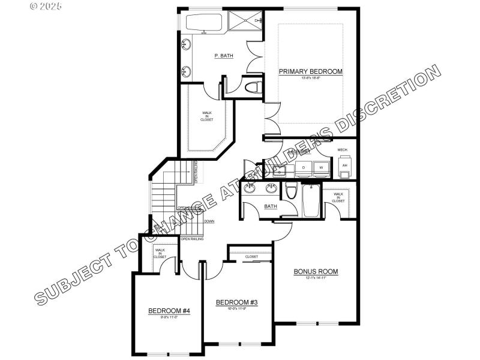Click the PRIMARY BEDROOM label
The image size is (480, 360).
point(311,71)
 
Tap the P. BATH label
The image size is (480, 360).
point(224,56)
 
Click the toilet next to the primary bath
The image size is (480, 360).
point(253,88)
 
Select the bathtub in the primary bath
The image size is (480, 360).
point(203,23)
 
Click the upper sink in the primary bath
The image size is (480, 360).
point(186,44)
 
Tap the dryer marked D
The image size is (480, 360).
point(304,167)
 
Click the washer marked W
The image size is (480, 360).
point(321,167)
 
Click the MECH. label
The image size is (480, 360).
point(343,149)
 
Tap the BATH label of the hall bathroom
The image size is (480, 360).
point(271,206)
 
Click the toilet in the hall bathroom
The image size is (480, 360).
point(292,191)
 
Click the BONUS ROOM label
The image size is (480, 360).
point(316,271)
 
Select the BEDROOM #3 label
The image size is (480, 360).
point(236,302)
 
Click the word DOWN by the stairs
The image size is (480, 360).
point(209,221)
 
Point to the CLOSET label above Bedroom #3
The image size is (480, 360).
point(251,257)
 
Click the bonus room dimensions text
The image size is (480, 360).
point(316,278)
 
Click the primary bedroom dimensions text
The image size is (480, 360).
point(311,78)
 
